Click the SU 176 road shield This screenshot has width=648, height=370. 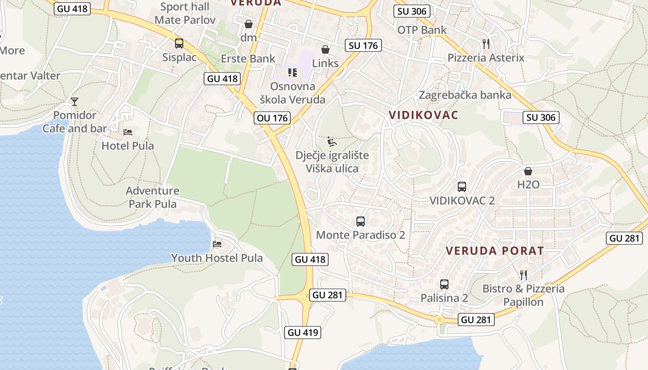[363, 45]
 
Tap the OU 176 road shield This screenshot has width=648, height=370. [273, 118]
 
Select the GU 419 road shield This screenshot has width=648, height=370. [304, 332]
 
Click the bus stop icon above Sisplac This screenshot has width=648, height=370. [179, 43]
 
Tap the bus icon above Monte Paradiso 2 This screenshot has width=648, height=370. [361, 222]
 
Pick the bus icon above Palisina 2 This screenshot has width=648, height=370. [444, 284]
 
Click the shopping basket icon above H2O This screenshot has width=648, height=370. [528, 171]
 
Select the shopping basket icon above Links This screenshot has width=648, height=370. [325, 49]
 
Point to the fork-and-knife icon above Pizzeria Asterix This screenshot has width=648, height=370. [486, 44]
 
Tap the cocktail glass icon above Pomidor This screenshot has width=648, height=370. [75, 101]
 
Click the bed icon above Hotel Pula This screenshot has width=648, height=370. [128, 132]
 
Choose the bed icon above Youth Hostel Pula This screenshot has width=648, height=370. [217, 244]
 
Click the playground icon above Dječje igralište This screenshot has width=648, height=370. [332, 141]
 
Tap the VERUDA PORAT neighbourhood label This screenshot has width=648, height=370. [495, 251]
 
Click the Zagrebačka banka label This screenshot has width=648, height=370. [465, 95]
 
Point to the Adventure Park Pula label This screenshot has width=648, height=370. [153, 197]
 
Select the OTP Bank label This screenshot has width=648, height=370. [422, 30]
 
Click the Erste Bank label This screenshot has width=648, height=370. [248, 59]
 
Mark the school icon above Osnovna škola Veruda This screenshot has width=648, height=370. [292, 72]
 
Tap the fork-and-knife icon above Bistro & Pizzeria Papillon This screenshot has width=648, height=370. [523, 275]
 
